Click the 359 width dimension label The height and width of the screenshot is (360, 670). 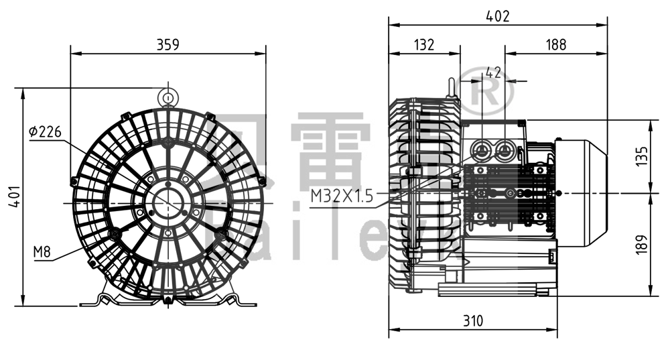167,45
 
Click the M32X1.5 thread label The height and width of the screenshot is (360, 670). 340,196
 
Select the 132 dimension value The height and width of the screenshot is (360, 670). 424,45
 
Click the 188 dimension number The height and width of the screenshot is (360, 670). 556,45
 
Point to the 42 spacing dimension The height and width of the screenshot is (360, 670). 493,72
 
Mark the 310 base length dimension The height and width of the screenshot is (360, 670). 472,321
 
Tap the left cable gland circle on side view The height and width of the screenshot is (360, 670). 481,149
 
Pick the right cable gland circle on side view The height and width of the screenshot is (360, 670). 503,149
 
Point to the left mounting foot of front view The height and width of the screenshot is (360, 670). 100,299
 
